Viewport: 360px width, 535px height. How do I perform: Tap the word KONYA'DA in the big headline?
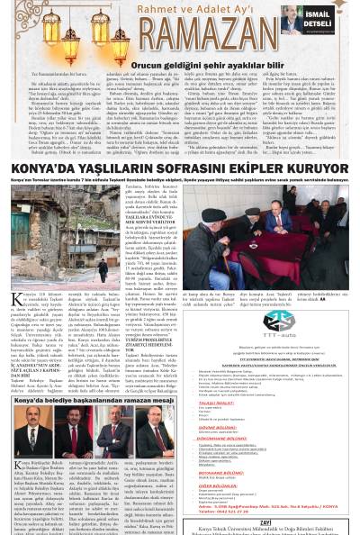[x=40, y=168]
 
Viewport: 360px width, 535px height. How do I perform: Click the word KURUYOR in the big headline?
[x=316, y=168]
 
